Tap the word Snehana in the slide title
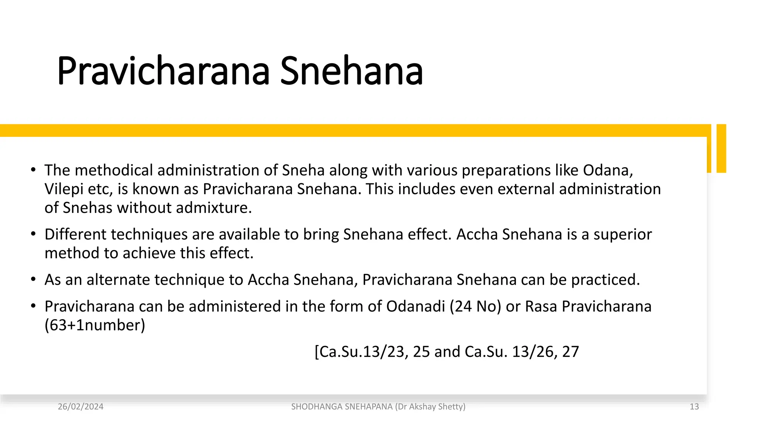point(351,71)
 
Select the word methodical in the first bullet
point(116,170)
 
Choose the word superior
point(622,235)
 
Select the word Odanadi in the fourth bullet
point(415,307)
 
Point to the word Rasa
point(541,307)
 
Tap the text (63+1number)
point(95,325)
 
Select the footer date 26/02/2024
point(81,407)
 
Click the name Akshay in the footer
point(422,407)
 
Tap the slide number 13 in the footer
point(694,407)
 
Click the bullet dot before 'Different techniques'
point(33,234)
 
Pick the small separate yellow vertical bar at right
point(721,148)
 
